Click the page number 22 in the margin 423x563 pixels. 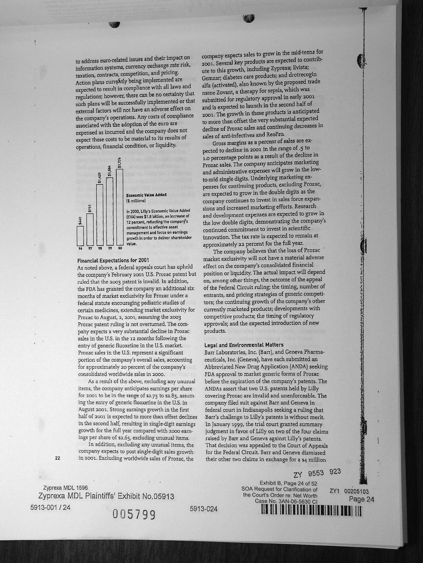[57, 458]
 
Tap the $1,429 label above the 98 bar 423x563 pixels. [100, 178]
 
